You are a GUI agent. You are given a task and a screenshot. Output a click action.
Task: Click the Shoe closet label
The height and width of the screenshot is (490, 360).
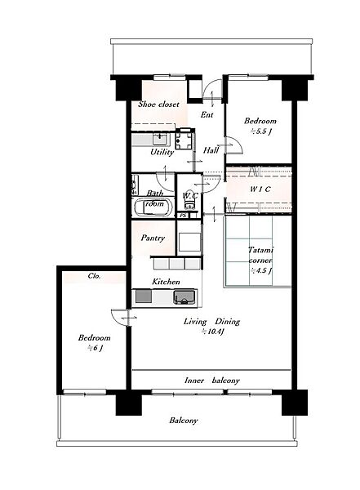(158, 104)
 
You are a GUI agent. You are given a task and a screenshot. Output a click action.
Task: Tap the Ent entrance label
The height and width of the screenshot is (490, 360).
(207, 114)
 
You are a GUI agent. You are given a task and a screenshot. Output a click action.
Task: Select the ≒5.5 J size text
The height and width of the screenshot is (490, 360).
(261, 131)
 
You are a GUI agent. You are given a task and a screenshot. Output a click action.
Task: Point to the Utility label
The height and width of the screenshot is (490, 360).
(162, 152)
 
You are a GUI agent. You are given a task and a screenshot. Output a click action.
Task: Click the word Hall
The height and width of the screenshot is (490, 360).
(211, 150)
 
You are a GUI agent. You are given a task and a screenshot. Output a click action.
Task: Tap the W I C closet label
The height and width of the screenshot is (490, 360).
(260, 189)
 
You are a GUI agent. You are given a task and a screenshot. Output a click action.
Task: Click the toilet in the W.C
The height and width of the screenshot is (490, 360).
(189, 200)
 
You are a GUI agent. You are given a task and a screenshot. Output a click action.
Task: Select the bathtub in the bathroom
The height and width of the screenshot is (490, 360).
(153, 207)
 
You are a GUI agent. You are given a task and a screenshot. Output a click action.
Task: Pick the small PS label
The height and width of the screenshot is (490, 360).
(183, 216)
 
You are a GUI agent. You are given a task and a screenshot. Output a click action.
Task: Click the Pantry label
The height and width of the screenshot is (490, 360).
(153, 238)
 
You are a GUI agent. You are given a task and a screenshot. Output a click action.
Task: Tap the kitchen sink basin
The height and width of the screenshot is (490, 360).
(184, 297)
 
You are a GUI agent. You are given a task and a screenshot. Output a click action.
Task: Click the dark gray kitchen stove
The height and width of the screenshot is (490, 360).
(144, 296)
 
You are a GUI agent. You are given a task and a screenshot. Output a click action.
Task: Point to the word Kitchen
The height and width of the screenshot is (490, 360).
(166, 282)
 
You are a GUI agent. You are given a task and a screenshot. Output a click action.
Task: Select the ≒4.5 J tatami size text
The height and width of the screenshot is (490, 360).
(260, 270)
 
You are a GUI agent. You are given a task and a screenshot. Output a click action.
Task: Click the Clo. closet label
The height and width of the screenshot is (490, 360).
(94, 276)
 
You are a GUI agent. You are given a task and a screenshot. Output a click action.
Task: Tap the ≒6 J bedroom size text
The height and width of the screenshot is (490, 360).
(95, 348)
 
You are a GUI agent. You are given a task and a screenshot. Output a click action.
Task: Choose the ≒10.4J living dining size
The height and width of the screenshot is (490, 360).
(212, 332)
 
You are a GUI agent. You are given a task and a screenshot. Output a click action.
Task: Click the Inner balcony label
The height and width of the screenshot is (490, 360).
(212, 381)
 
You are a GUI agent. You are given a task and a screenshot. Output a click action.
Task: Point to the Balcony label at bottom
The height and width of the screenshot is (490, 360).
(184, 421)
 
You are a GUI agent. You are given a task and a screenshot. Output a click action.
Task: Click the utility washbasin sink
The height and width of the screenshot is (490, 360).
(161, 139)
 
